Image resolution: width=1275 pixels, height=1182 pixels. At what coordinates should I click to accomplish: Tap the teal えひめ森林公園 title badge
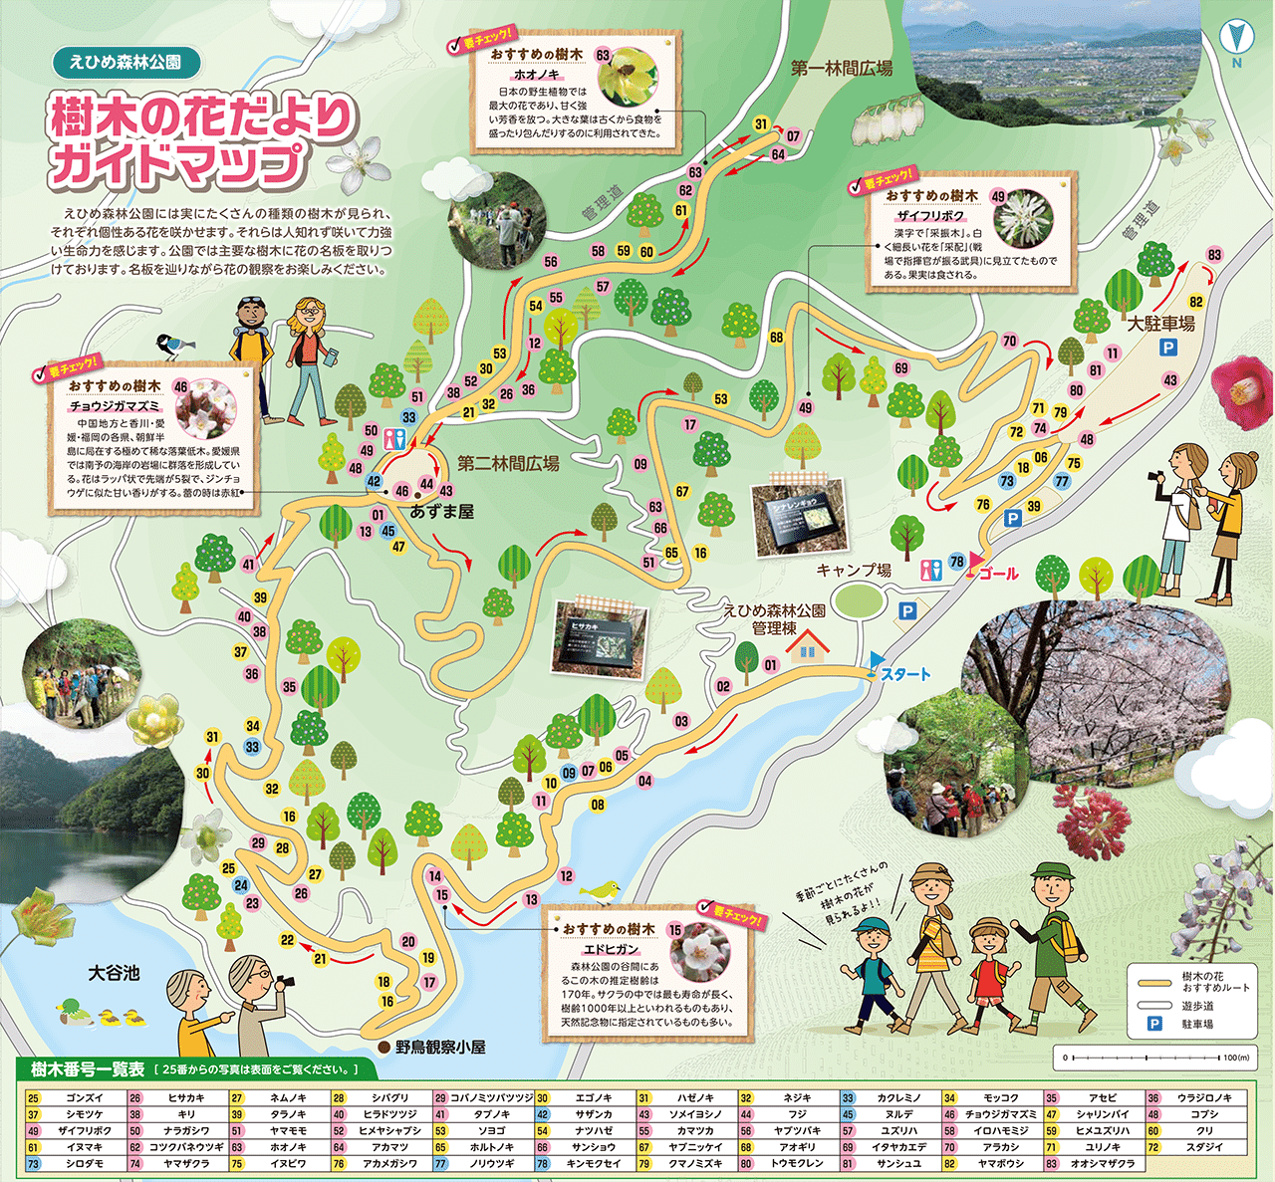(x=126, y=62)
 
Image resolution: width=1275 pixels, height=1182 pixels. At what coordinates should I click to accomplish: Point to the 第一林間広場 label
(x=841, y=69)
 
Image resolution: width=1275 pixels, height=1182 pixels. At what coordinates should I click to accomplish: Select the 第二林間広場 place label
(x=508, y=463)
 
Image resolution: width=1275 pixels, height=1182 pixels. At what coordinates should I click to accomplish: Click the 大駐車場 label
(x=1160, y=324)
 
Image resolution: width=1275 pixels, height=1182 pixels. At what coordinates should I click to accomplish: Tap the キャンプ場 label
(x=854, y=571)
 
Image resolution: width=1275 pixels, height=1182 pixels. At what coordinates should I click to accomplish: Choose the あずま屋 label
(x=442, y=511)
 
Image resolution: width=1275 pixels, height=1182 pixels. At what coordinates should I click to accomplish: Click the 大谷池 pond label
(x=114, y=973)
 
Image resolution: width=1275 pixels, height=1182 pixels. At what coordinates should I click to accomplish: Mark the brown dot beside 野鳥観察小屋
(x=384, y=1047)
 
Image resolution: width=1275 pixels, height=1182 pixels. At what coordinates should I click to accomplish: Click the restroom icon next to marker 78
(x=932, y=569)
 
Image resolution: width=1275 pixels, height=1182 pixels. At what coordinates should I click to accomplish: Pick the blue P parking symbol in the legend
(x=1154, y=1024)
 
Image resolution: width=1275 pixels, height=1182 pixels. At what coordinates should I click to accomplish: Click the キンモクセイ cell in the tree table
(x=593, y=1163)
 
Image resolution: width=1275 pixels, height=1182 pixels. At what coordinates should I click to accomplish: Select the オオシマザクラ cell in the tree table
(x=1103, y=1163)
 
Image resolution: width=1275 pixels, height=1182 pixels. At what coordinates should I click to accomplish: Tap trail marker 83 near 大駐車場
(x=1214, y=255)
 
